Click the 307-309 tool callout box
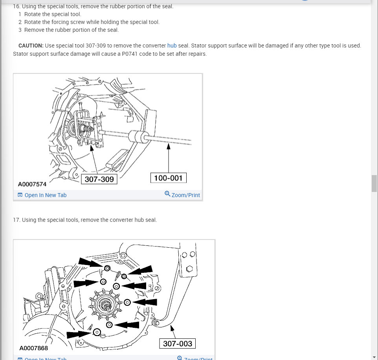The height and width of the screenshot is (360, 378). click(x=99, y=179)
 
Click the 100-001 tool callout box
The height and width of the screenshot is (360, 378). click(x=168, y=178)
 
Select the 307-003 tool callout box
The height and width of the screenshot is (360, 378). click(x=177, y=344)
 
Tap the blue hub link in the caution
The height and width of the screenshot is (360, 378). click(x=172, y=46)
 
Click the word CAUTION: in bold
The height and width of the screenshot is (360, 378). click(x=31, y=46)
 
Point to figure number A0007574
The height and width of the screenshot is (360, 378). click(x=32, y=184)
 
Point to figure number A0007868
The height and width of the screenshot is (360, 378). click(x=33, y=348)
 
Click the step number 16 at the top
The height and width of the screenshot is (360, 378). click(x=16, y=6)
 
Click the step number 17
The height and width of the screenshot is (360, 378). click(x=16, y=220)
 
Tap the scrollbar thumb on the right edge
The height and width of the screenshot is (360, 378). click(x=374, y=183)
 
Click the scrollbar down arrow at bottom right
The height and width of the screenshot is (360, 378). click(x=374, y=356)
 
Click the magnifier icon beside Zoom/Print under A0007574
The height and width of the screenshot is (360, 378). click(x=167, y=194)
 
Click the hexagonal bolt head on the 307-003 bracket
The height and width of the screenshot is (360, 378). click(x=189, y=269)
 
